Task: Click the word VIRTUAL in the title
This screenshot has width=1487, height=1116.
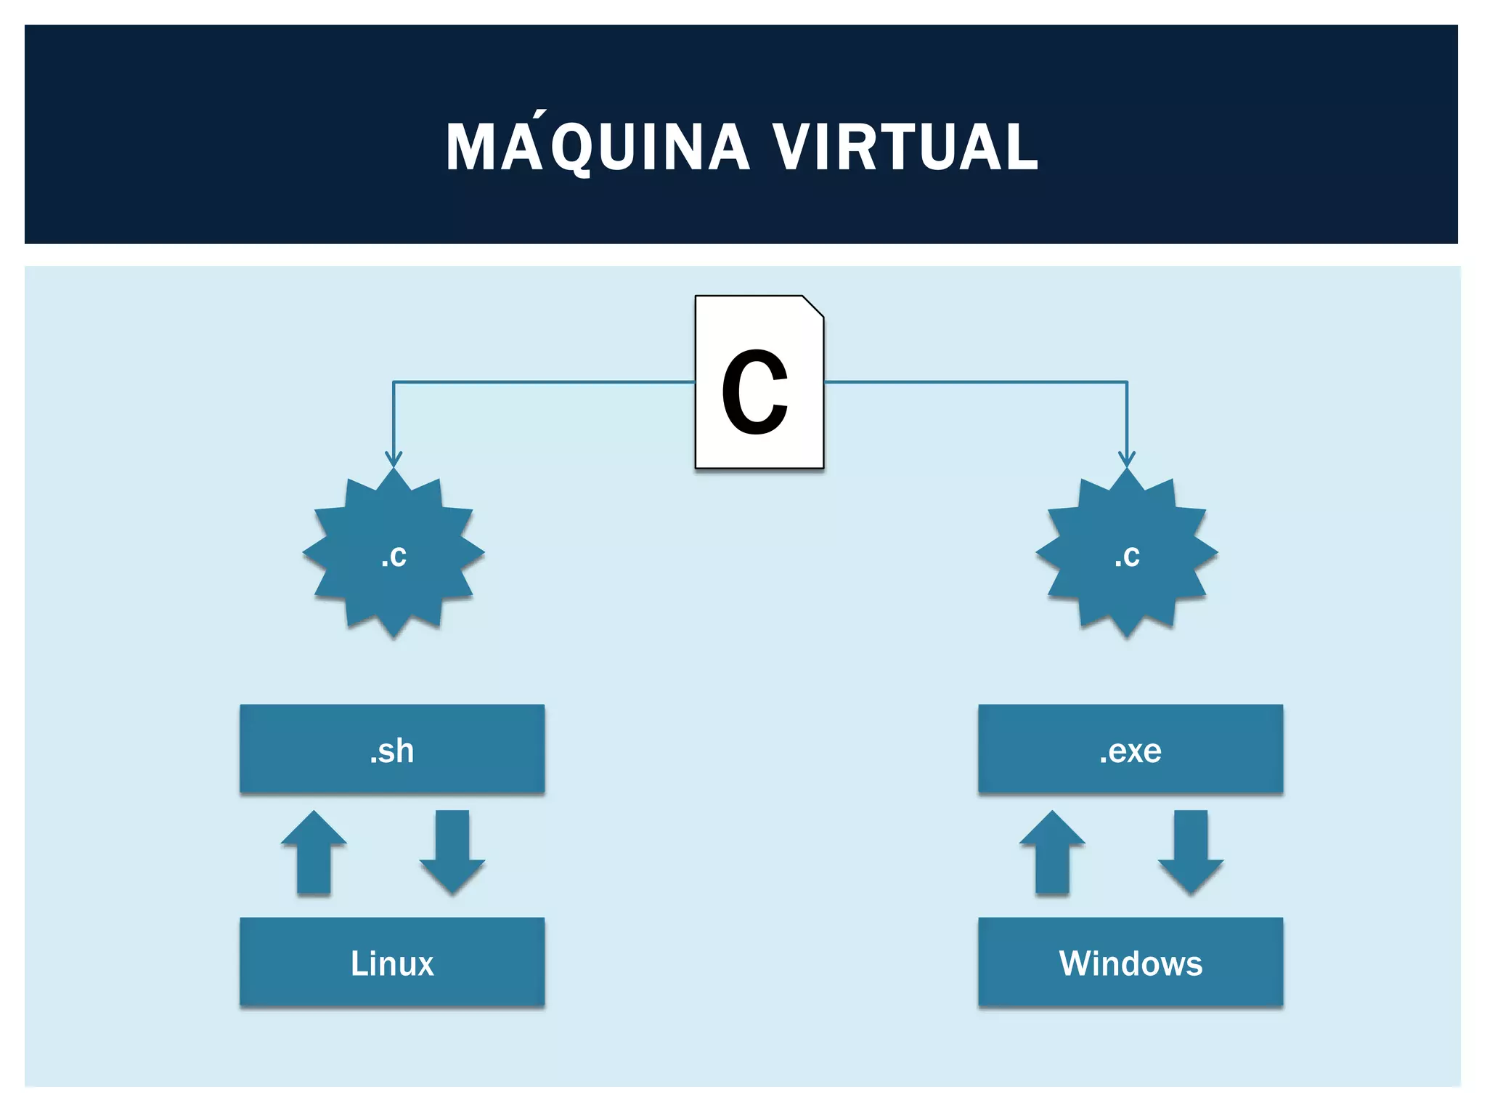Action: click(x=905, y=147)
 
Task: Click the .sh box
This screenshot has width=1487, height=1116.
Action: click(x=392, y=748)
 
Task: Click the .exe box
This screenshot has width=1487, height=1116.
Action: click(x=1130, y=748)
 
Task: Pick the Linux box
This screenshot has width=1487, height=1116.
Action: click(x=392, y=962)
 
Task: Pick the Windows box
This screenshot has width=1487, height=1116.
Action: click(x=1130, y=962)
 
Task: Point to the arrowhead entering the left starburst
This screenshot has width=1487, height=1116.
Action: click(x=394, y=460)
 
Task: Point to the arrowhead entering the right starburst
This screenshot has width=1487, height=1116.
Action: click(x=1127, y=460)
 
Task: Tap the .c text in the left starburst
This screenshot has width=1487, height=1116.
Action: click(x=394, y=557)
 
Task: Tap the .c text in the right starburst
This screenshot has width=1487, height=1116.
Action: click(x=1127, y=557)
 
